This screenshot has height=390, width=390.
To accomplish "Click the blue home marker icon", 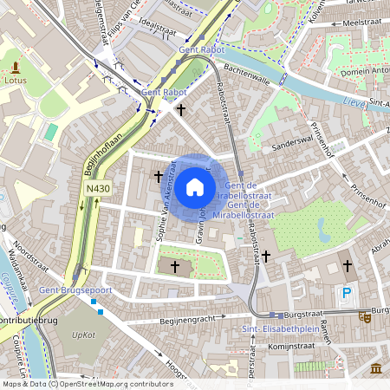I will [x=195, y=186].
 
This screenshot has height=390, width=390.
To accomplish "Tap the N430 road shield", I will [x=98, y=187].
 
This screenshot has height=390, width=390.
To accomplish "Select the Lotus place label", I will [x=15, y=80].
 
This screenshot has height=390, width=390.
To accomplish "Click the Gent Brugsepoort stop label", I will [x=63, y=293].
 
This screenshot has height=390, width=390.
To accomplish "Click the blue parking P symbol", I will [x=347, y=293].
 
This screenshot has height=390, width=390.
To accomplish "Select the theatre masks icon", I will [x=365, y=317].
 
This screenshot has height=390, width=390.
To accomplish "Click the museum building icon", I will [x=376, y=368].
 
